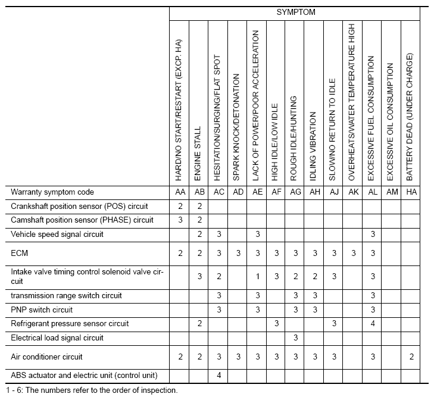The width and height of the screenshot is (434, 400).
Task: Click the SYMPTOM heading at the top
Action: [295, 12]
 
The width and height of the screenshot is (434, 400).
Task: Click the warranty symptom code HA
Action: [410, 192]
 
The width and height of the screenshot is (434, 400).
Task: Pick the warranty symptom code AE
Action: [257, 192]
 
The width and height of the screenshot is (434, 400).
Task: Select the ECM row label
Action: [20, 253]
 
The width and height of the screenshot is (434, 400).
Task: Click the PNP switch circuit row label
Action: [42, 310]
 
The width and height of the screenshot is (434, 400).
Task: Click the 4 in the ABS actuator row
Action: [219, 376]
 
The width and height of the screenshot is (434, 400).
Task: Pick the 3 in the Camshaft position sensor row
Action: [180, 220]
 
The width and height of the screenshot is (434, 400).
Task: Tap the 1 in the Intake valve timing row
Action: [257, 276]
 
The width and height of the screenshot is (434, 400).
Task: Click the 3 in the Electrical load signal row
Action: [295, 337]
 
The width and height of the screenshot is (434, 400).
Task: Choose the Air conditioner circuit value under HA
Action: [410, 357]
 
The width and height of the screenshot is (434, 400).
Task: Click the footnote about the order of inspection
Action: [94, 391]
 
